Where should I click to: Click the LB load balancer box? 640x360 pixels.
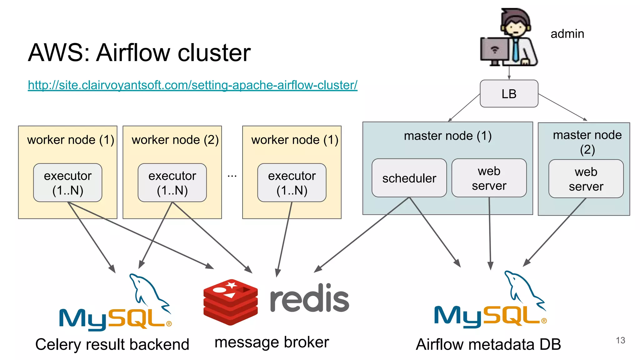tap(509, 94)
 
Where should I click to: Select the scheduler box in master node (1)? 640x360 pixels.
tap(409, 178)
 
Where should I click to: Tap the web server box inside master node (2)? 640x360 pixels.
tap(586, 179)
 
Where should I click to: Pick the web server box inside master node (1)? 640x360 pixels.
tap(489, 178)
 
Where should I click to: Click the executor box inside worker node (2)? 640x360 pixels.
tap(172, 183)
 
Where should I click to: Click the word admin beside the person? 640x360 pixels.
tap(567, 34)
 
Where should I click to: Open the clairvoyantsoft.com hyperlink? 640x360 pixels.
tap(192, 85)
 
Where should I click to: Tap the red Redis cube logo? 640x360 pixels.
tap(231, 302)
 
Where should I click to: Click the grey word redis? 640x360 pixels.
tap(309, 298)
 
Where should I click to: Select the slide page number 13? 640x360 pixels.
tap(620, 340)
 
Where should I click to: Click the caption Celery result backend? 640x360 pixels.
tap(112, 344)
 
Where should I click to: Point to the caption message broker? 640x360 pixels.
tap(272, 342)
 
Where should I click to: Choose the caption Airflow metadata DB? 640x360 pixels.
tap(488, 344)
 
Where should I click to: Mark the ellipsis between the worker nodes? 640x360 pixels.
tap(232, 176)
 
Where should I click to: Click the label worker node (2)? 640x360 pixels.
tap(175, 140)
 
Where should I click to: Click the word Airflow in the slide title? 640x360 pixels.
tap(134, 52)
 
